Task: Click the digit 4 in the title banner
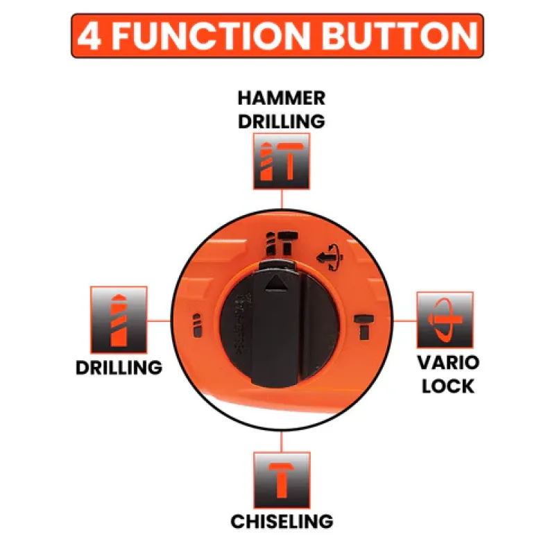(89, 36)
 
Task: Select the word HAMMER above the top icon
(282, 98)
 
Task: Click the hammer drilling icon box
(282, 161)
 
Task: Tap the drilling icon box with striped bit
(119, 320)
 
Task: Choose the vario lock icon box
(445, 320)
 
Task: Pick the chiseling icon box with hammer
(282, 480)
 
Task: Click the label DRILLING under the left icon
(119, 368)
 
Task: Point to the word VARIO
(448, 363)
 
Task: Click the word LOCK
(448, 386)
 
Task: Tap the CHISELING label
(282, 522)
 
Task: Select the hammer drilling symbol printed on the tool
(282, 244)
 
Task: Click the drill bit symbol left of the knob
(197, 325)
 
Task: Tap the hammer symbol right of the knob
(364, 326)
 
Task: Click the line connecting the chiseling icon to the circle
(282, 441)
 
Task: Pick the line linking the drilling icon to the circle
(160, 321)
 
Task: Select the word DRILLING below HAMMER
(282, 121)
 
